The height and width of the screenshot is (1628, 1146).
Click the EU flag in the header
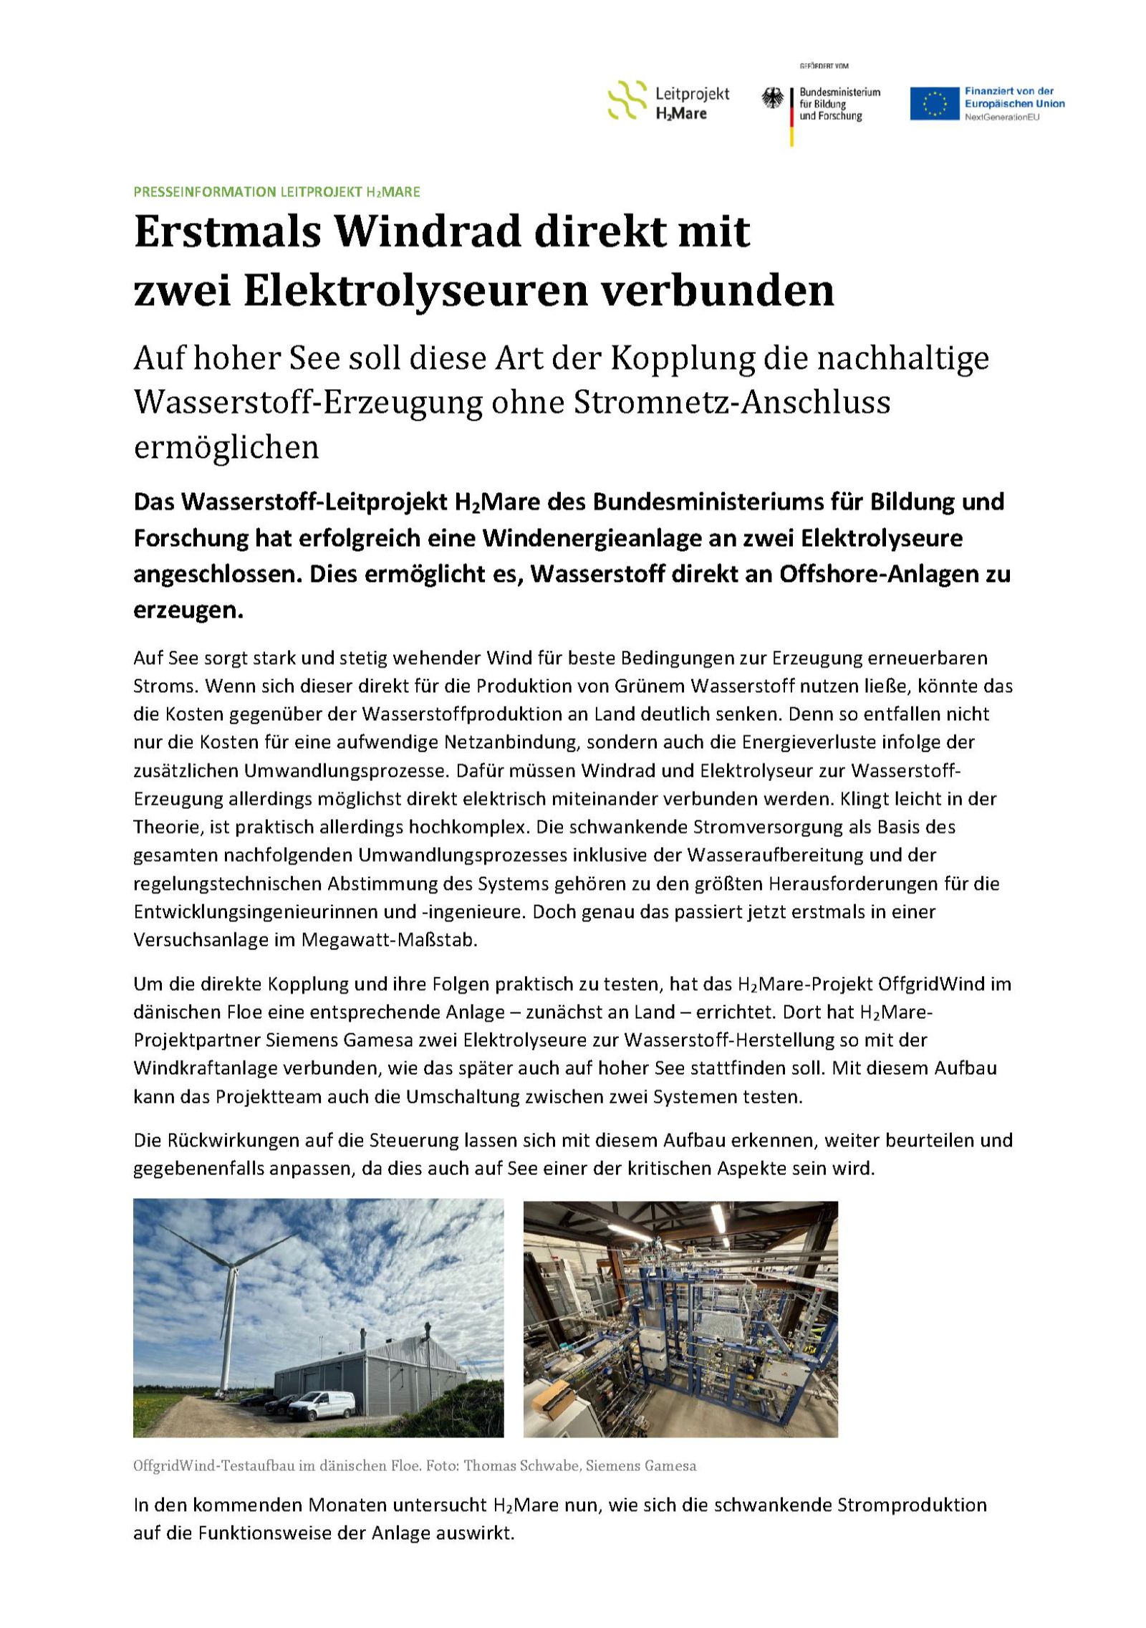tap(934, 104)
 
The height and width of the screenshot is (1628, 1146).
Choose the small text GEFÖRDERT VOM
tap(824, 67)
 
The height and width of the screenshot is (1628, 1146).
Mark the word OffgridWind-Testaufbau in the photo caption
tap(212, 1466)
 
